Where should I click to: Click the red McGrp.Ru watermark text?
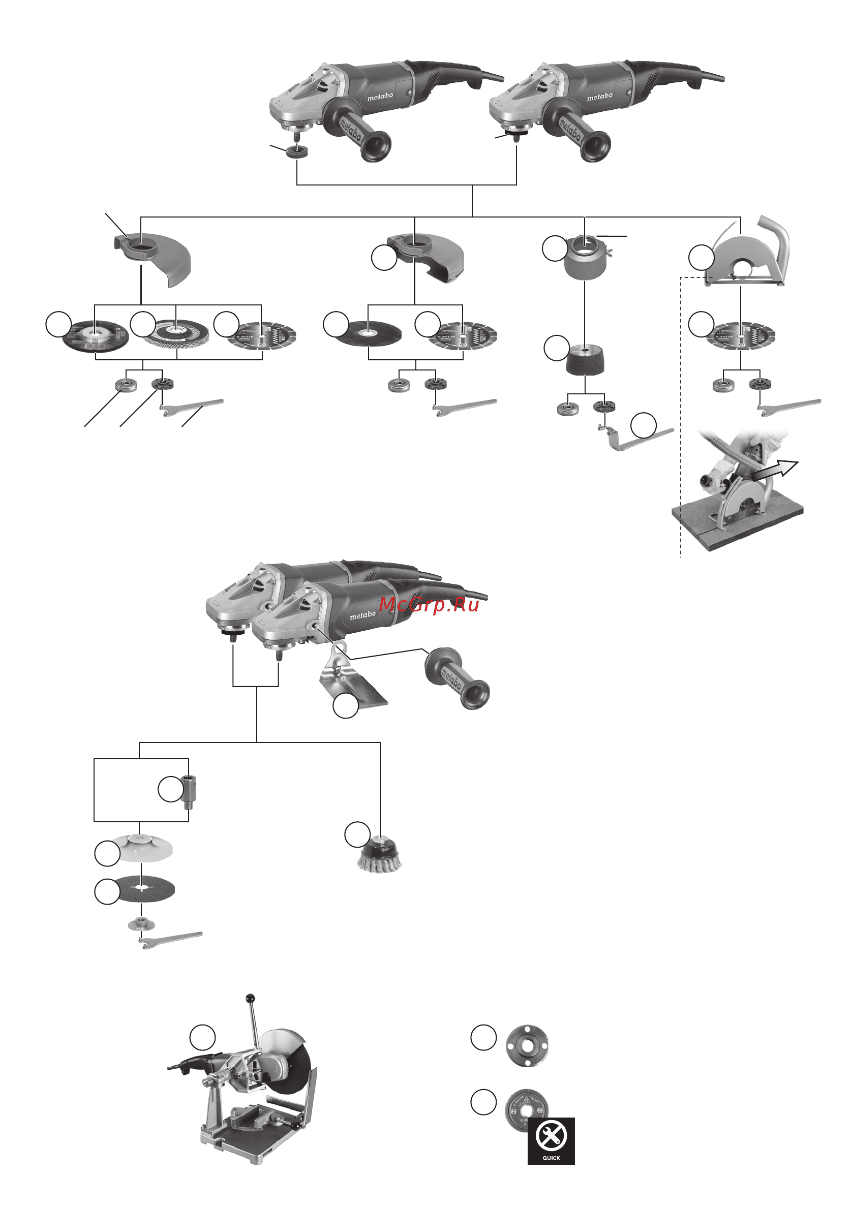429,605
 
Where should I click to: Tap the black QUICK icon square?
551,1140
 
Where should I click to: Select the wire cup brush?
379,856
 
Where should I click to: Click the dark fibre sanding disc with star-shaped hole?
143,889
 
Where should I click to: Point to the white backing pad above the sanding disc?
141,847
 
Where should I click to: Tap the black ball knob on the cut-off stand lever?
251,998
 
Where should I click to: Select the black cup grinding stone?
585,360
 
